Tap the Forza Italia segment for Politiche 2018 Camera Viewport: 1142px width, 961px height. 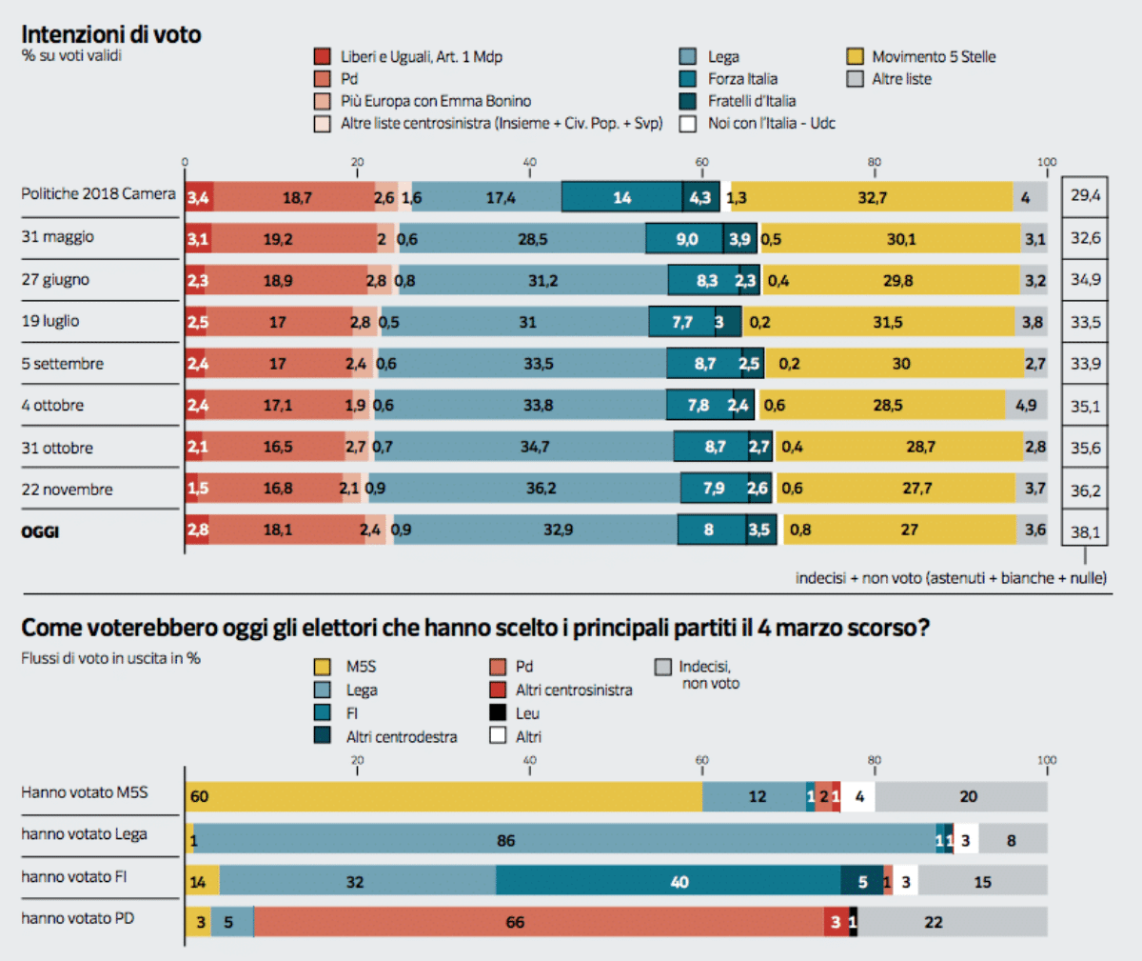point(621,197)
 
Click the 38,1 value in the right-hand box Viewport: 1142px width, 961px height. point(1085,531)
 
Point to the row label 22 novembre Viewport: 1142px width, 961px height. point(67,490)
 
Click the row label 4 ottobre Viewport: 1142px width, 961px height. point(52,406)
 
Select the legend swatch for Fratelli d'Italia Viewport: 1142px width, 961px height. point(688,101)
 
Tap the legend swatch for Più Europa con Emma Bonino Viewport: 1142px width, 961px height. point(323,101)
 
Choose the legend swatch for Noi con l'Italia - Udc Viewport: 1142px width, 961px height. point(688,123)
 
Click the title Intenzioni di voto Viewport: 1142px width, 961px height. point(111,34)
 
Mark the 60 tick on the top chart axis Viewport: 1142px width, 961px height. point(702,163)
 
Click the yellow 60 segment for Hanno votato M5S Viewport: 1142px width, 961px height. point(444,796)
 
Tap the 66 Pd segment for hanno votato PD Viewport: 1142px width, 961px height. point(539,922)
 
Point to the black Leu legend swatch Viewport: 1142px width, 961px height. point(498,712)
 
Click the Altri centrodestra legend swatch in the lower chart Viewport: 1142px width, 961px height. point(323,736)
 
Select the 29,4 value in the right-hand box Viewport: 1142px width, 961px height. point(1085,195)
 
